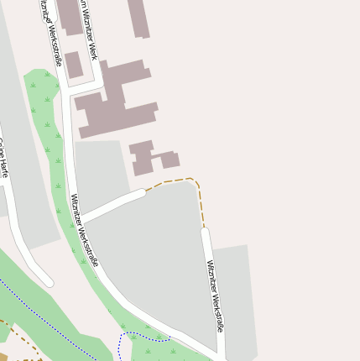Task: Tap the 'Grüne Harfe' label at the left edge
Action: (x=4, y=158)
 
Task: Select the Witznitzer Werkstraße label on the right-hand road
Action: (x=216, y=295)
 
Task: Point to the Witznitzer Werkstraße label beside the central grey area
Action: (x=84, y=229)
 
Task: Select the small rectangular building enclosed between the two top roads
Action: (x=74, y=65)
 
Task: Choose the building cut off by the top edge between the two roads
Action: (x=70, y=15)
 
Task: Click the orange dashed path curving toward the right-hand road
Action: (x=189, y=181)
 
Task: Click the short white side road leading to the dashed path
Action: (x=113, y=205)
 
